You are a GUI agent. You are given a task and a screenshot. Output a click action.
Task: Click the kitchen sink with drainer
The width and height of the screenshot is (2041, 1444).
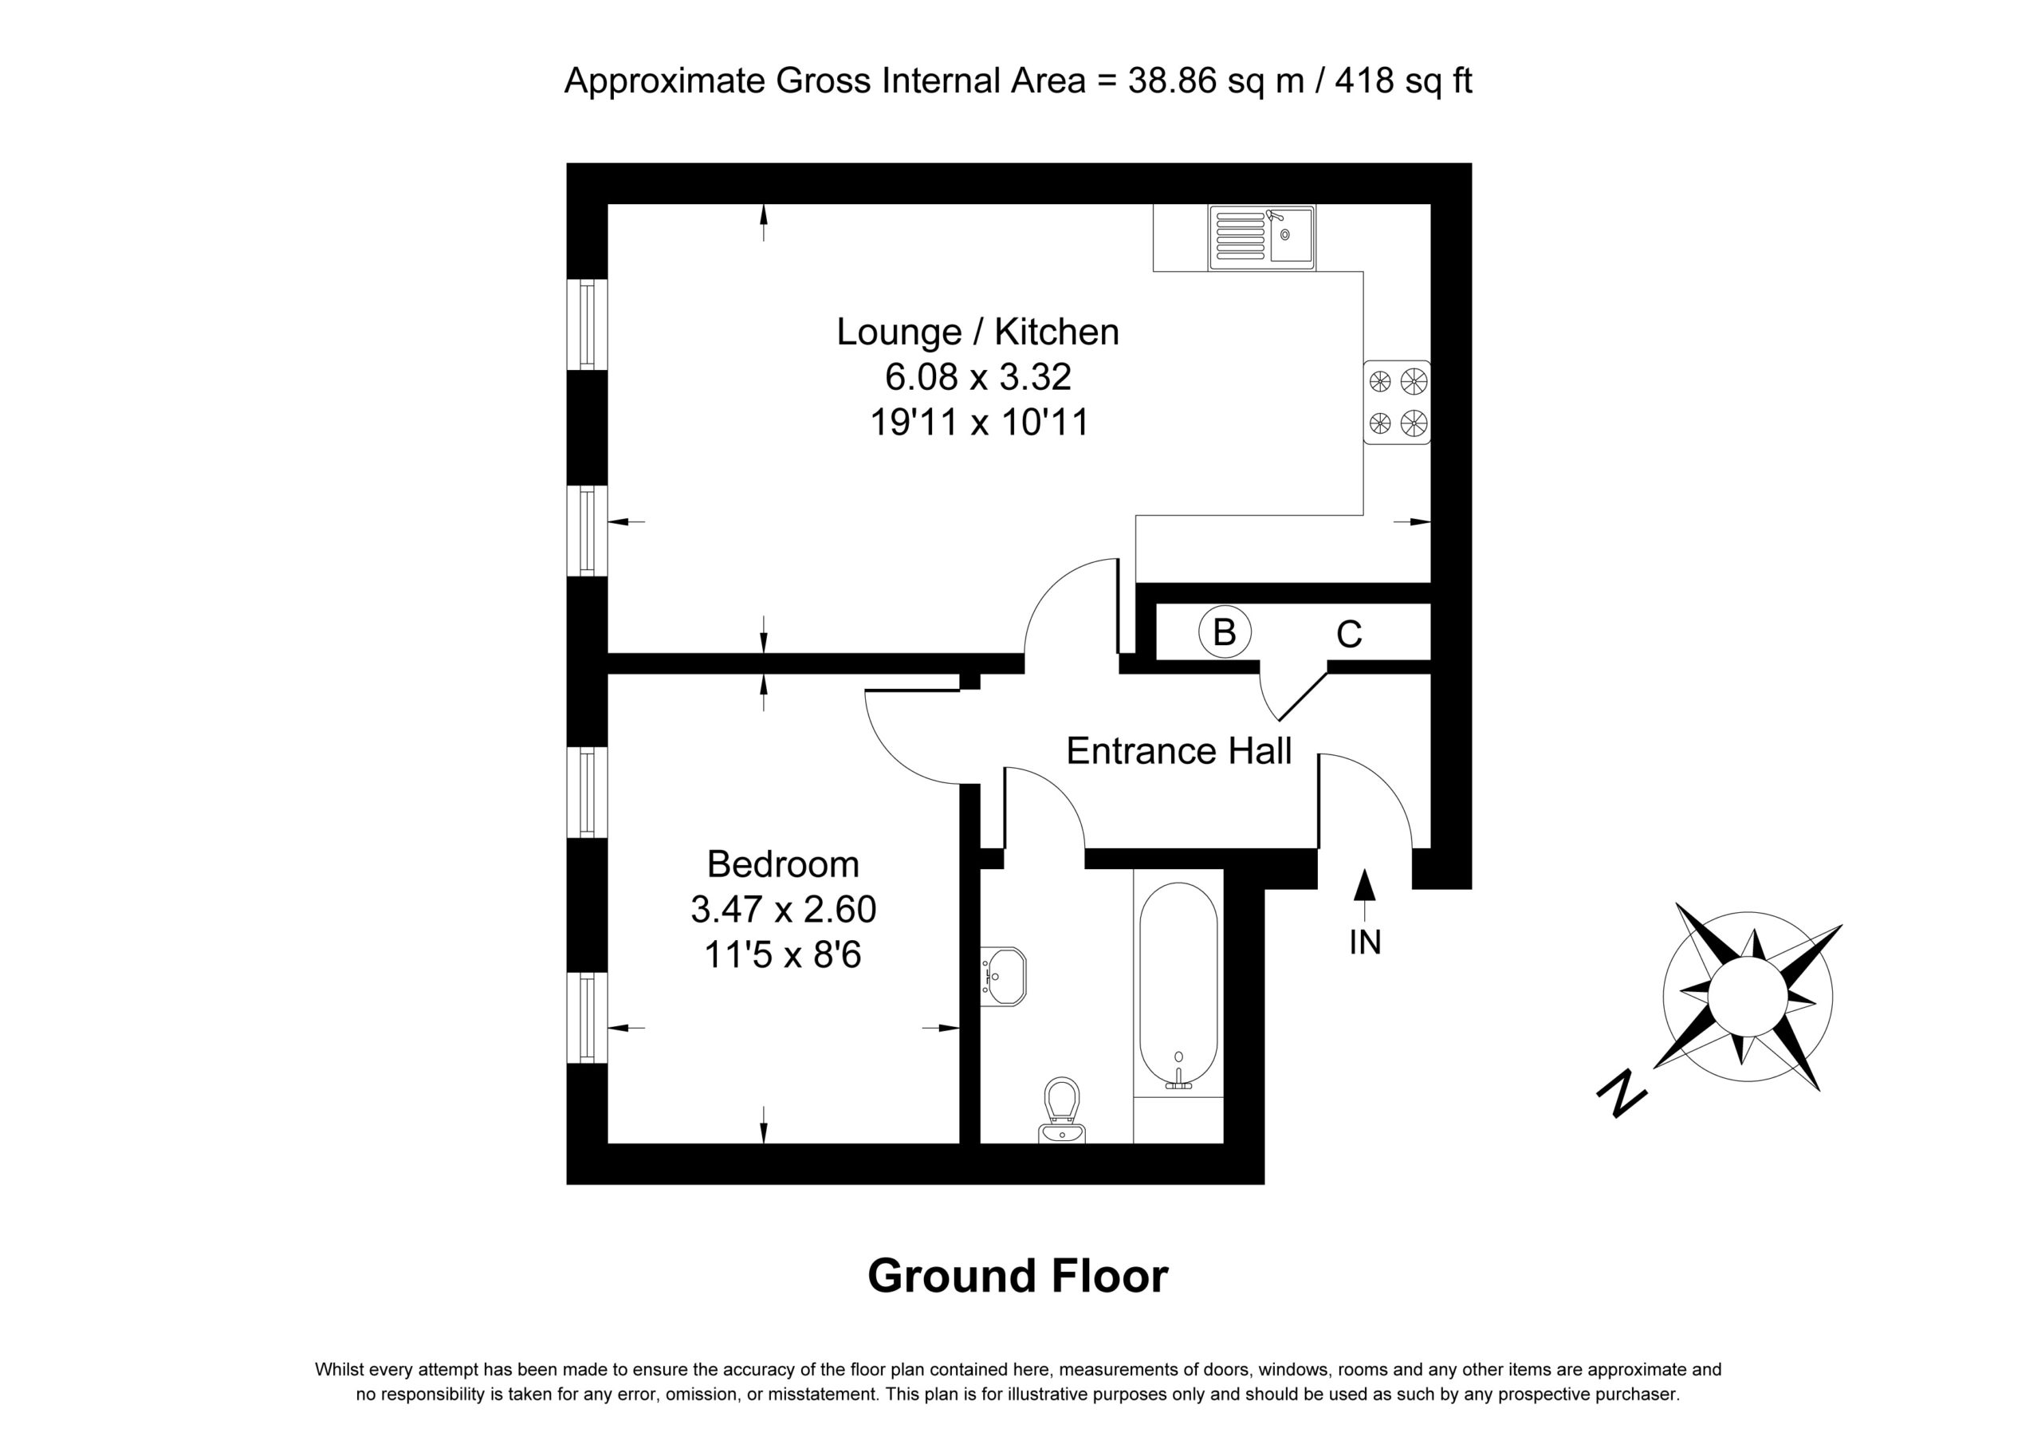pyautogui.click(x=1261, y=238)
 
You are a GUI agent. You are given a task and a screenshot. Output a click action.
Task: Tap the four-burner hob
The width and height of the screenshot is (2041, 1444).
pyautogui.click(x=1397, y=402)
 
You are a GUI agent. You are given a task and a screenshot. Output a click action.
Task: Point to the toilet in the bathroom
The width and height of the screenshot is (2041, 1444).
pyautogui.click(x=1061, y=1112)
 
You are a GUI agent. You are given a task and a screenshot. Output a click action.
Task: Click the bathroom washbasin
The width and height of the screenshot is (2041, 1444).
pyautogui.click(x=1004, y=976)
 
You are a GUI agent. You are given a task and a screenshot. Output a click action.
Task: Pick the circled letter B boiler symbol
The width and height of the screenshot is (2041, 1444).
pyautogui.click(x=1224, y=632)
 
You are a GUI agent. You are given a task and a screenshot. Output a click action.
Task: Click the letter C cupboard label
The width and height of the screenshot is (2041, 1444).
pyautogui.click(x=1348, y=634)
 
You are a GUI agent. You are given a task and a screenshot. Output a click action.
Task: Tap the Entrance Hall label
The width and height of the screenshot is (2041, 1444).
pyautogui.click(x=1178, y=751)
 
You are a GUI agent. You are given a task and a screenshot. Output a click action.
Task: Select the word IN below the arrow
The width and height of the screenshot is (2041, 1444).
pyautogui.click(x=1364, y=942)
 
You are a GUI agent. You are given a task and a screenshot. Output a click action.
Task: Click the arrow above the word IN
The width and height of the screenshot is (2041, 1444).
pyautogui.click(x=1364, y=896)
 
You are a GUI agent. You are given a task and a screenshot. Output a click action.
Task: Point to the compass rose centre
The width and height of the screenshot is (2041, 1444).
pyautogui.click(x=1747, y=997)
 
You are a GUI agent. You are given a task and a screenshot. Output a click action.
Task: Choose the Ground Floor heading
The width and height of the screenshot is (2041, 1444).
pyautogui.click(x=1018, y=1276)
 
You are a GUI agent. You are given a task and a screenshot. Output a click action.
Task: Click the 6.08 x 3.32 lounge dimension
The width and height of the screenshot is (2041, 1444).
pyautogui.click(x=977, y=377)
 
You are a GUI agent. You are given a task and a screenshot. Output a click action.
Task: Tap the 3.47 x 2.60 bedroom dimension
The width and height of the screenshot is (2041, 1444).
pyautogui.click(x=783, y=910)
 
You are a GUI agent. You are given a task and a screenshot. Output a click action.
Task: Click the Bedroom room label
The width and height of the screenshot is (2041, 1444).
pyautogui.click(x=783, y=864)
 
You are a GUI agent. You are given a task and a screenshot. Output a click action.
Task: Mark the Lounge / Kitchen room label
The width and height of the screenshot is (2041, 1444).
pyautogui.click(x=977, y=332)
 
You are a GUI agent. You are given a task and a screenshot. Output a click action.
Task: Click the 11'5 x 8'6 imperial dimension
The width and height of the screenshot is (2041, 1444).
pyautogui.click(x=783, y=955)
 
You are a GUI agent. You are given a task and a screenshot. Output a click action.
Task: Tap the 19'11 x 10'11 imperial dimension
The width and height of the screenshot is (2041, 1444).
pyautogui.click(x=979, y=423)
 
